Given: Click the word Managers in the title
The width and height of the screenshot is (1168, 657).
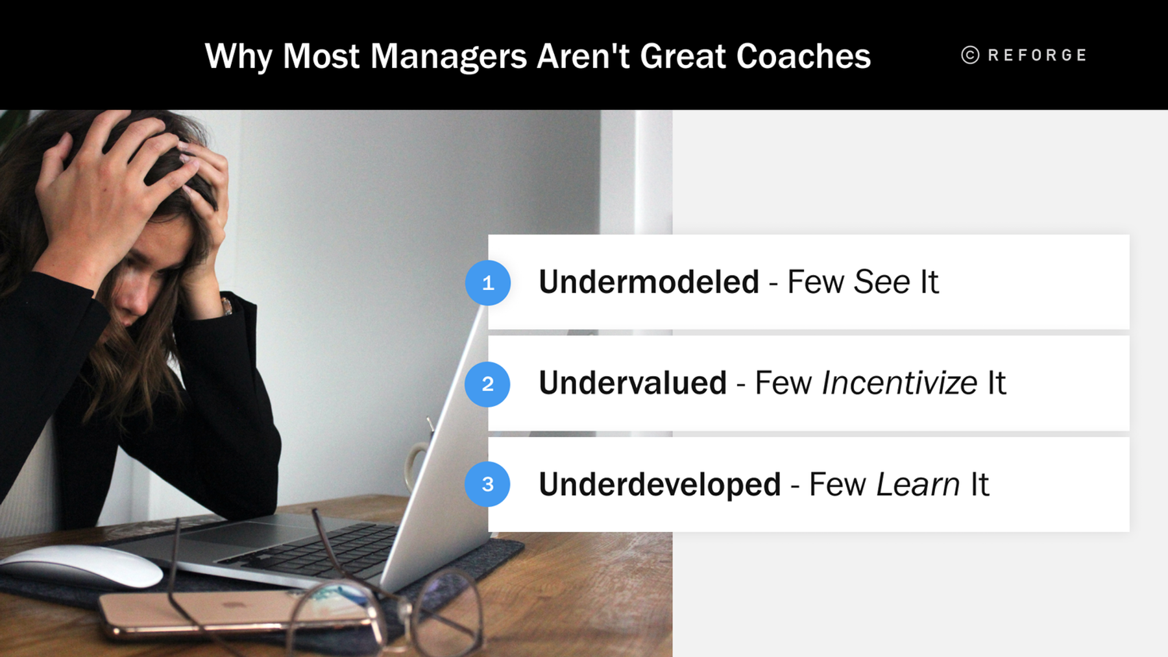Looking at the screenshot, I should pos(448,56).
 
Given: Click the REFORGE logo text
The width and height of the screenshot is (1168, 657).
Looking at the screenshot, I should pos(1037,55).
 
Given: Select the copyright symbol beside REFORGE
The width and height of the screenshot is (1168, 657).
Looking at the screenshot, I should pos(970,55).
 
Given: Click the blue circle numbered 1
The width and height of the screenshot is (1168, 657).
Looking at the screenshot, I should pos(488,283).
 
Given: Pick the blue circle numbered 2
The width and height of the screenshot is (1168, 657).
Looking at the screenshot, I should pos(488,384).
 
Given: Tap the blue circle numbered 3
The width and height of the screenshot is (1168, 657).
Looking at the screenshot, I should pos(488,484).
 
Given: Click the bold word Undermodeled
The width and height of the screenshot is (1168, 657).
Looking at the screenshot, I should pos(648,282).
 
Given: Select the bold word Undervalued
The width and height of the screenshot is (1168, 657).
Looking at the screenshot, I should pos(632,383).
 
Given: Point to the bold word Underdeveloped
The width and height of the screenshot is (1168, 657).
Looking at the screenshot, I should pos(659,484).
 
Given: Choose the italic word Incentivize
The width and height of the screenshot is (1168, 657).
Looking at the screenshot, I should pos(899,383).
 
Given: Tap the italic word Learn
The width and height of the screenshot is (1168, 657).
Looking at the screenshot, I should pos(918,484).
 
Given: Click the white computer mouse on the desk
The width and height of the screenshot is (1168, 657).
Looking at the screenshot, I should pos(81,566).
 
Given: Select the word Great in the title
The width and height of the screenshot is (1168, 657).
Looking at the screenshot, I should pos(683,56).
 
